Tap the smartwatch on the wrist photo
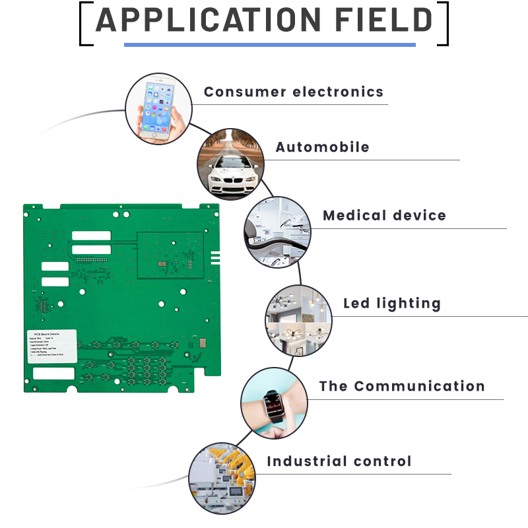click(x=273, y=403)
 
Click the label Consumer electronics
click(x=293, y=92)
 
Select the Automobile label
click(x=322, y=147)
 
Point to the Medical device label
click(x=384, y=216)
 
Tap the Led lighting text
click(x=391, y=304)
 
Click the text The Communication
click(x=401, y=386)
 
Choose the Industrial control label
click(x=339, y=461)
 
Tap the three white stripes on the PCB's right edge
click(x=215, y=257)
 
